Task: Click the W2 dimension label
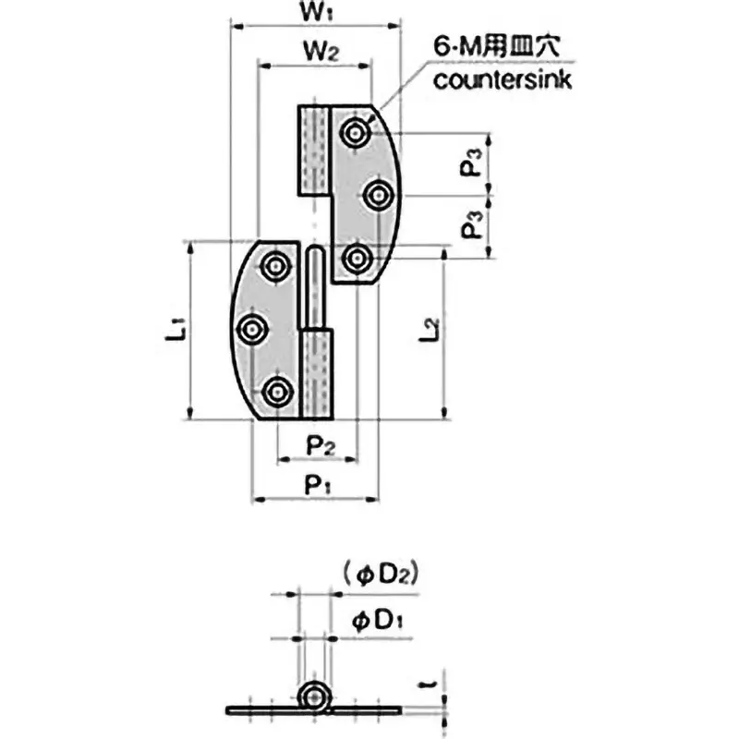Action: [x=316, y=54]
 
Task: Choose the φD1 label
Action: [x=374, y=622]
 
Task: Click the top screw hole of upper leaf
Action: [x=354, y=134]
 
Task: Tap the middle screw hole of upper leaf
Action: [x=379, y=195]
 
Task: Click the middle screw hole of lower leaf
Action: [x=250, y=329]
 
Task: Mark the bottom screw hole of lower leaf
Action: [x=275, y=393]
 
